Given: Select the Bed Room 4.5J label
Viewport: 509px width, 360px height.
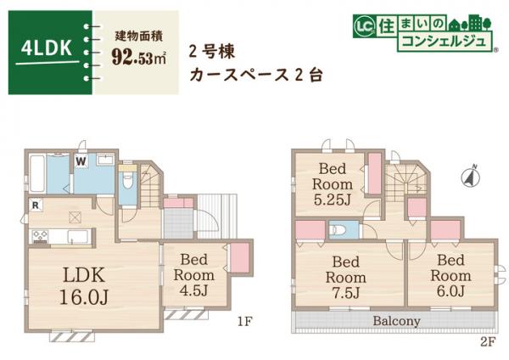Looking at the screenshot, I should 194,275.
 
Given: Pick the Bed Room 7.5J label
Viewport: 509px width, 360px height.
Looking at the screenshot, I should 347,277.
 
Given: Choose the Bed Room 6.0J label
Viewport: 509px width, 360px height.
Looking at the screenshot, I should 449,275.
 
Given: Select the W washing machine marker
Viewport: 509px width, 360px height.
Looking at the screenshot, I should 81,160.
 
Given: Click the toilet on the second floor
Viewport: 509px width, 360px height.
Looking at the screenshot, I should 341,229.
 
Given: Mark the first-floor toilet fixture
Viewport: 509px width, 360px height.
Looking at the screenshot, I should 126,182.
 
